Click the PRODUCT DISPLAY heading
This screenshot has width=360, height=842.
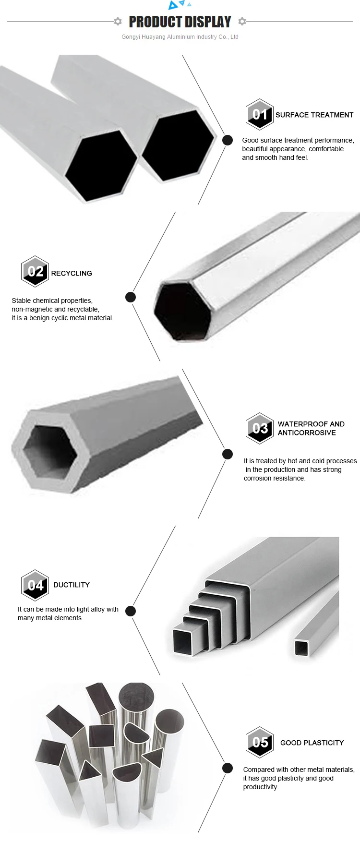click(x=180, y=22)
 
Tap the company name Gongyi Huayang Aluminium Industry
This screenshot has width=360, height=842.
click(x=180, y=37)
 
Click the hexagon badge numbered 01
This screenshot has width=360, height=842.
click(x=260, y=114)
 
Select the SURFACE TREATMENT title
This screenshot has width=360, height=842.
click(x=314, y=115)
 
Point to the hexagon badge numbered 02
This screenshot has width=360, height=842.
click(x=35, y=272)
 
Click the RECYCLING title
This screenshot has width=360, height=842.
click(x=72, y=273)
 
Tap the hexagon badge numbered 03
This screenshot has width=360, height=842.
click(x=260, y=428)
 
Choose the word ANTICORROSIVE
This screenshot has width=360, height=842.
click(x=307, y=433)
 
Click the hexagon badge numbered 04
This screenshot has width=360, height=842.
click(x=35, y=585)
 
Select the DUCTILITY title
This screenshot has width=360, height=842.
click(x=72, y=585)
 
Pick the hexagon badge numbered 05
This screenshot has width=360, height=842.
click(x=260, y=742)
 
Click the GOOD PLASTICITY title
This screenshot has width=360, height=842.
click(x=312, y=743)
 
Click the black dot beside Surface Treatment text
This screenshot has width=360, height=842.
click(x=228, y=140)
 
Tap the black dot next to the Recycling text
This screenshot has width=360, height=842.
click(x=131, y=297)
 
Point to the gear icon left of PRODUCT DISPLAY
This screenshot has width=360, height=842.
click(x=118, y=22)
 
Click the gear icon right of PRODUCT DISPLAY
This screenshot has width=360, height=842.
click(x=242, y=22)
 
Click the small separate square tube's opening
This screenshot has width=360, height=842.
click(x=301, y=648)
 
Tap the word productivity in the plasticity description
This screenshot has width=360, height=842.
click(x=261, y=787)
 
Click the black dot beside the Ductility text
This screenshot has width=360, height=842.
click(x=131, y=611)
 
